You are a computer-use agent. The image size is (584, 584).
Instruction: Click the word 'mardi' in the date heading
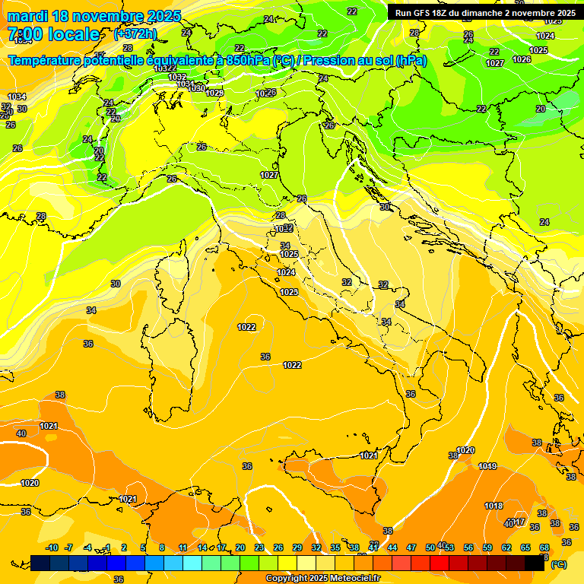[x=28, y=16]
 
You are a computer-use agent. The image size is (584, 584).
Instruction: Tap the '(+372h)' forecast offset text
[x=135, y=33]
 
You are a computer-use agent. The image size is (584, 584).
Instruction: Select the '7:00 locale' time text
[x=53, y=34]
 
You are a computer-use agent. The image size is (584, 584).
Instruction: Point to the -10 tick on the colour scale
[x=52, y=547]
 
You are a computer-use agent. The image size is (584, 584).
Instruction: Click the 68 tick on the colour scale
[x=544, y=547]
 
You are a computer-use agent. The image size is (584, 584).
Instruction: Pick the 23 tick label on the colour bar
[x=259, y=547]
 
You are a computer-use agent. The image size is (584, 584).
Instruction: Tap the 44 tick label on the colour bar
[x=392, y=547]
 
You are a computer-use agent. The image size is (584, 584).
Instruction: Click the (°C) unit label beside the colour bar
[x=559, y=564]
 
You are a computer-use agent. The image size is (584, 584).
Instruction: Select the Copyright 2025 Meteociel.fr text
[x=323, y=578]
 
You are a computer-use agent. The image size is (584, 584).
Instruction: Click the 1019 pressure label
[x=488, y=466]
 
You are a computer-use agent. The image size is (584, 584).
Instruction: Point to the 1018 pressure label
[x=494, y=506]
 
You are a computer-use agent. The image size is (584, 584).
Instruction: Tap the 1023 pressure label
[x=289, y=292]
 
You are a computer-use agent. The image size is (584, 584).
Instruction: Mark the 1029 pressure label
[x=214, y=93]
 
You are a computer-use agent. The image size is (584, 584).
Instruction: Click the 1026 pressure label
[x=522, y=59]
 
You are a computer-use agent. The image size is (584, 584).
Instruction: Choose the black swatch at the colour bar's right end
[x=535, y=563]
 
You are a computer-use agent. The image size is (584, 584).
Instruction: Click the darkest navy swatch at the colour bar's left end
[x=40, y=563]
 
